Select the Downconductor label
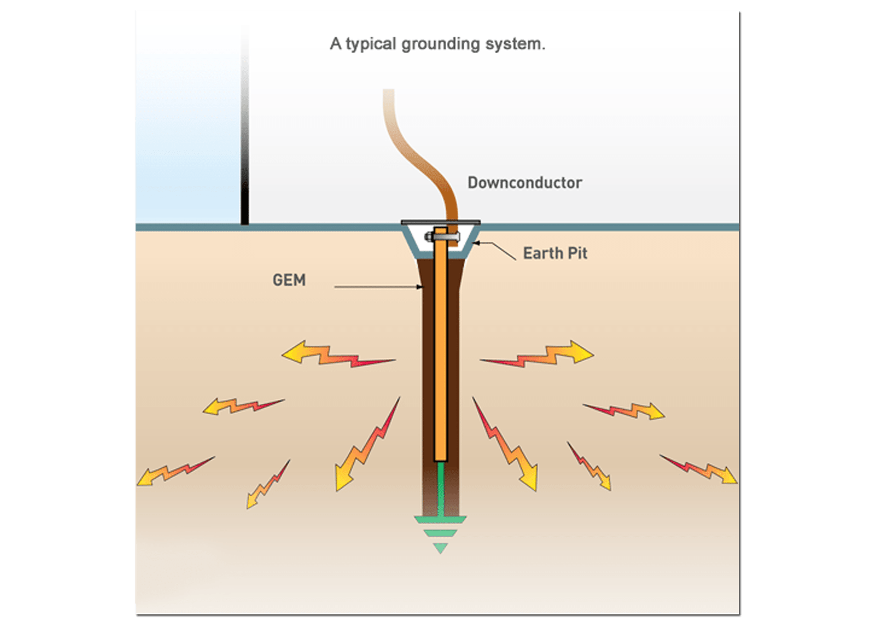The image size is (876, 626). pyautogui.click(x=525, y=182)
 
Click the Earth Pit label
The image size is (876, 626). pyautogui.click(x=555, y=253)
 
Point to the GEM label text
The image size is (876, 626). pyautogui.click(x=289, y=280)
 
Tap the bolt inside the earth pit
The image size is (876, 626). pyautogui.click(x=444, y=237)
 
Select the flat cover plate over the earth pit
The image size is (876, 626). pyautogui.click(x=441, y=222)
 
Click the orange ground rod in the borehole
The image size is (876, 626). pyautogui.click(x=441, y=351)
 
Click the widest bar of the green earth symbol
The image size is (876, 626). pyautogui.click(x=441, y=520)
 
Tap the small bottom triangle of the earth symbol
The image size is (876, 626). pyautogui.click(x=440, y=548)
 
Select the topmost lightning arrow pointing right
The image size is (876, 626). pyautogui.click(x=542, y=354)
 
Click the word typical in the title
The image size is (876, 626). pyautogui.click(x=371, y=44)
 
